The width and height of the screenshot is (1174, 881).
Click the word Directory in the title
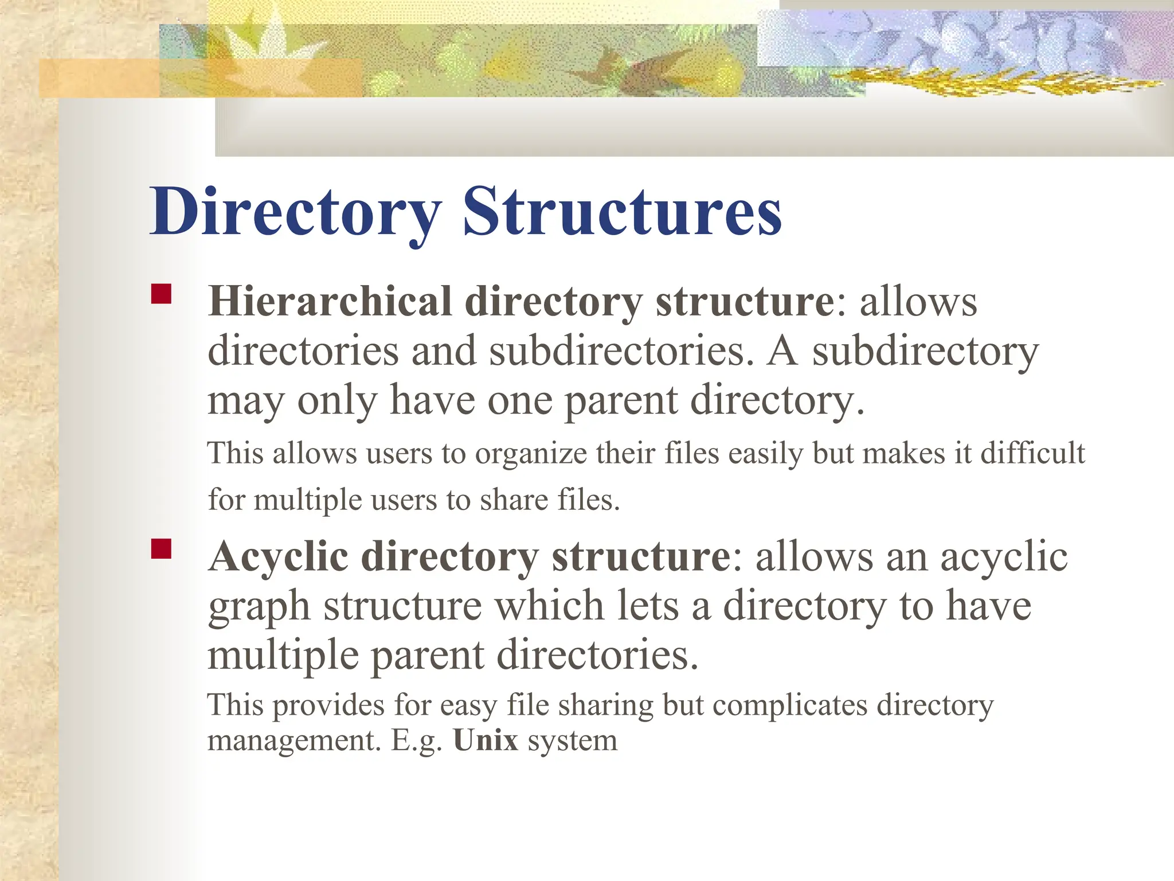pyautogui.click(x=295, y=212)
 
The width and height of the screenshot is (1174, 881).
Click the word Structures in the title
pyautogui.click(x=622, y=212)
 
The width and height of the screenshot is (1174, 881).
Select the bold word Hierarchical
pyautogui.click(x=330, y=301)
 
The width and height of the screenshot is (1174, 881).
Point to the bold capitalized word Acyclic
pyautogui.click(x=279, y=556)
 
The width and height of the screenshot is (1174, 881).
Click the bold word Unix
pyautogui.click(x=486, y=740)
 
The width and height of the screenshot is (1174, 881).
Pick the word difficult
pyautogui.click(x=1032, y=453)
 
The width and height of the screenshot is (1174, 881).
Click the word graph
pyautogui.click(x=259, y=607)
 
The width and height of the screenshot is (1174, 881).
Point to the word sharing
pyautogui.click(x=605, y=705)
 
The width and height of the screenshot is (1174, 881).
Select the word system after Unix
pyautogui.click(x=573, y=740)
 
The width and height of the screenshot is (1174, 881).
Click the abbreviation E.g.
pyautogui.click(x=417, y=740)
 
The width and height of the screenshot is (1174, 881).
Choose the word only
pyautogui.click(x=337, y=400)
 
